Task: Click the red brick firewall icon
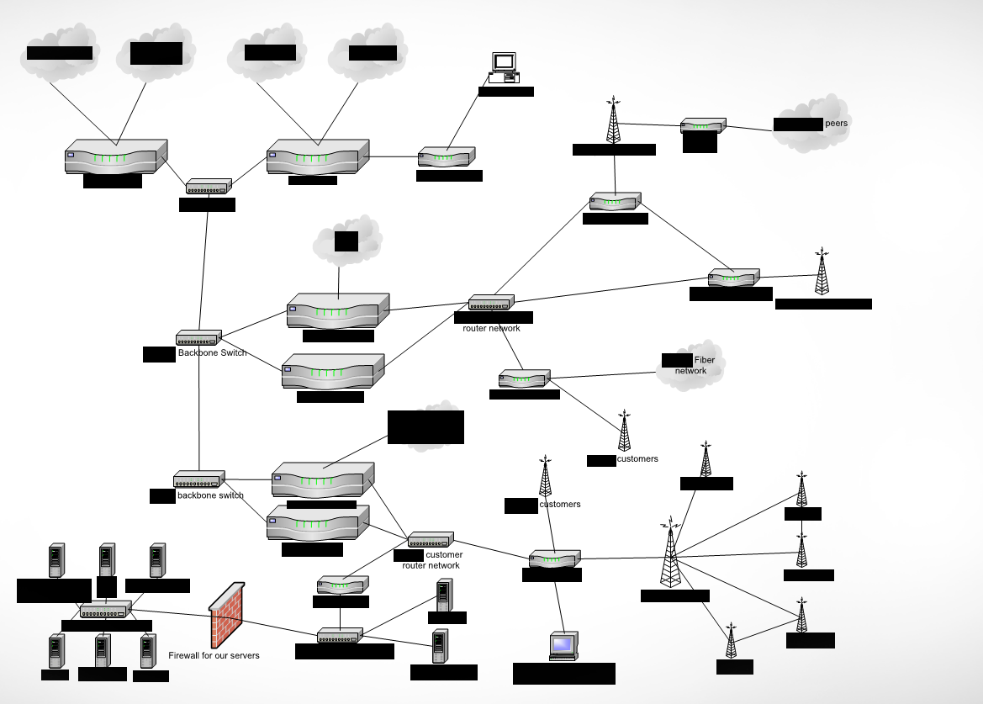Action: point(227,614)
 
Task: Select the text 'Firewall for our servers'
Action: point(214,655)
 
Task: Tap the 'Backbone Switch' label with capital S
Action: point(213,353)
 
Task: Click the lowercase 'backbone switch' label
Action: point(210,495)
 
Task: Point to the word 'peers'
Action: point(838,123)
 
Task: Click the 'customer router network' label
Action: point(431,560)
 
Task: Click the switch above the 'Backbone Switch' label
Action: point(198,338)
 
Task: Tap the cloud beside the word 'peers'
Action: point(811,124)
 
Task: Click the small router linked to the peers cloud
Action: point(702,126)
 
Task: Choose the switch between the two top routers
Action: point(208,187)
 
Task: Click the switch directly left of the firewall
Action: point(106,609)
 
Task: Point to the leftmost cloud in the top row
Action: point(59,52)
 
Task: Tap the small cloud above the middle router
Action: point(347,241)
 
